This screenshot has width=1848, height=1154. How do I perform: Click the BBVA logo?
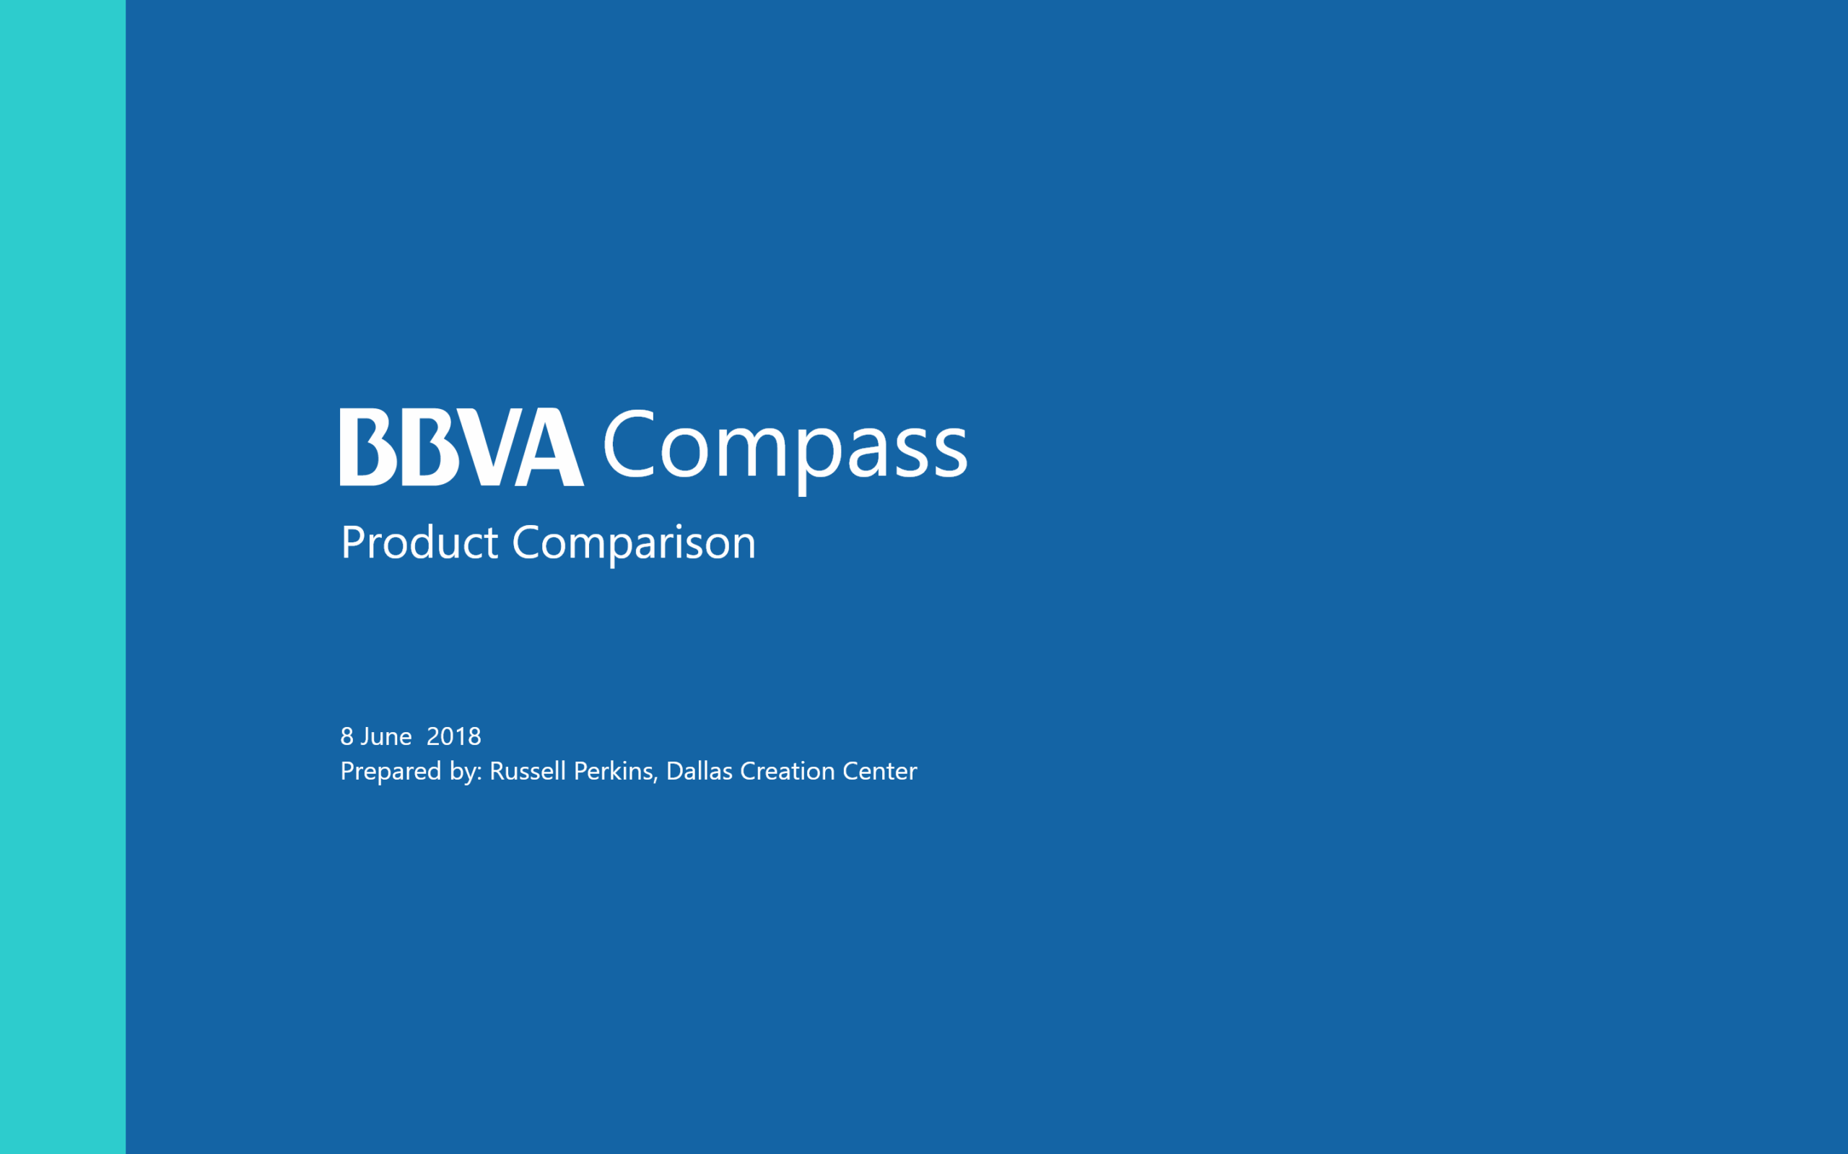coord(462,446)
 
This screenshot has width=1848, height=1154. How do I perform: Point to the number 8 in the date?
coord(346,736)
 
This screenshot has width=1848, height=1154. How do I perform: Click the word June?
coord(386,736)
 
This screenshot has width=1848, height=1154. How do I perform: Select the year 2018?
coord(453,736)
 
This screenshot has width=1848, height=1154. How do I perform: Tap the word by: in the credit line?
coord(466,772)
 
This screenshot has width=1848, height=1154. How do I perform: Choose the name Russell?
coord(528,771)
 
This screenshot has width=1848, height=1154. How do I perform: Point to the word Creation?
coord(788,771)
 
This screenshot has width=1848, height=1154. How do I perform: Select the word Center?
coord(880,771)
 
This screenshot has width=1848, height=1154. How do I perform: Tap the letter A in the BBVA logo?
coord(550,448)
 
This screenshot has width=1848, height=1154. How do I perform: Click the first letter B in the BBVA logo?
coord(369,446)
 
